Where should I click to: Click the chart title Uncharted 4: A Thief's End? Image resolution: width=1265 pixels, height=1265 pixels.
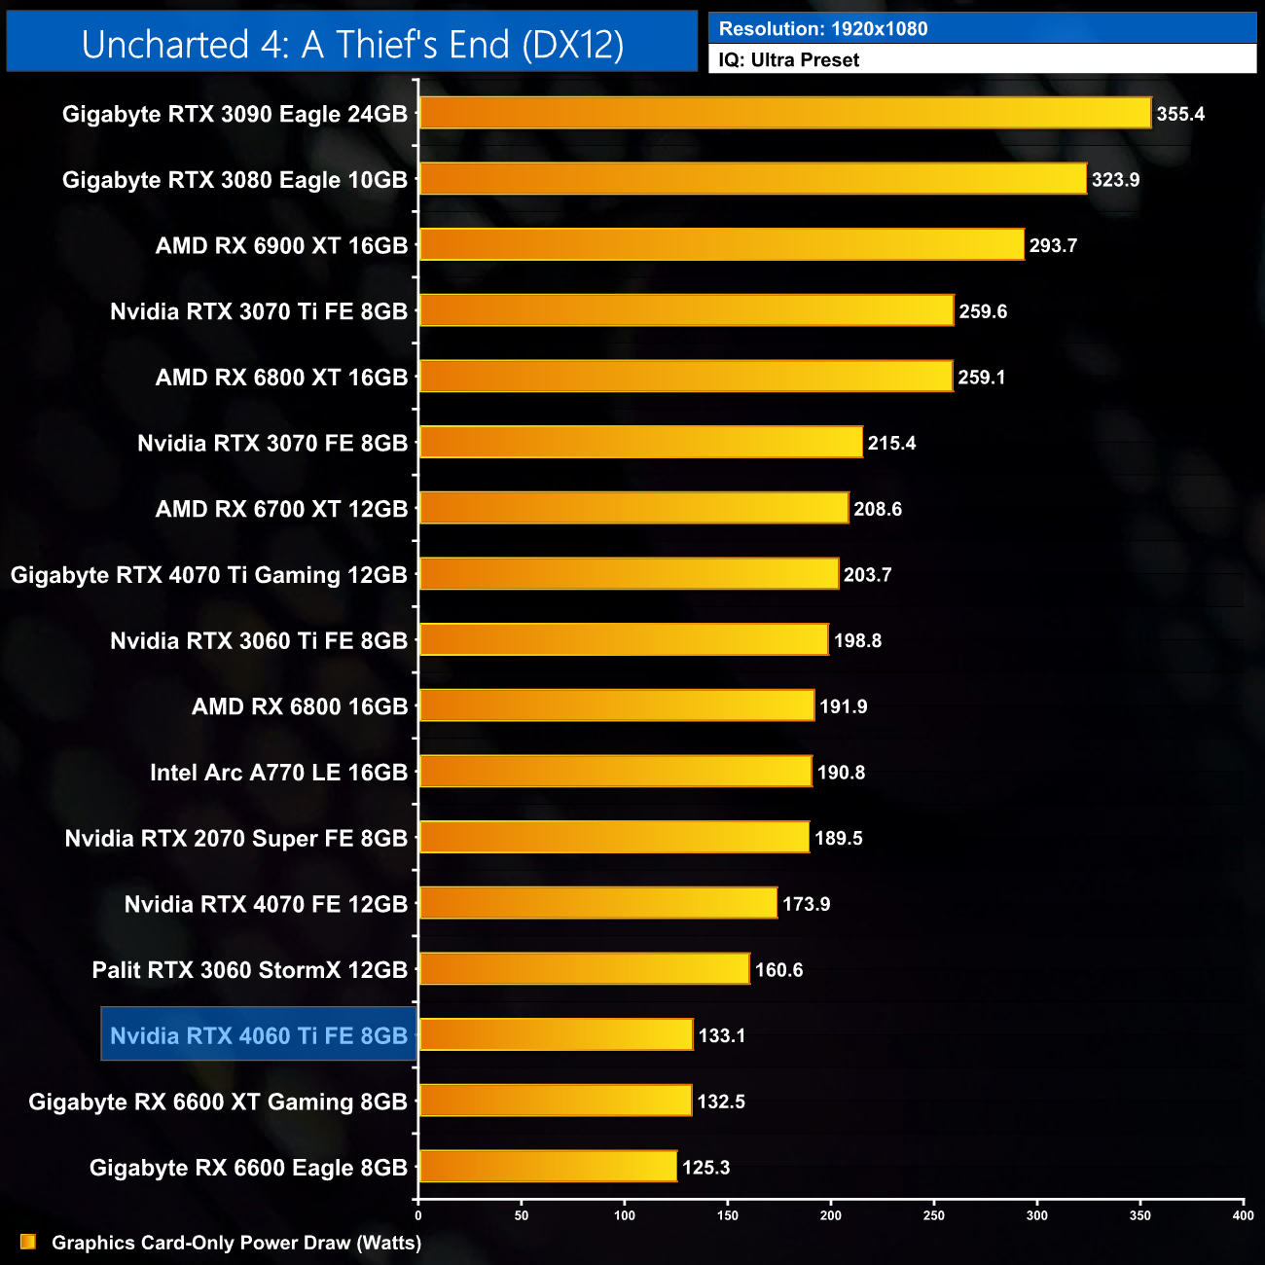[352, 45]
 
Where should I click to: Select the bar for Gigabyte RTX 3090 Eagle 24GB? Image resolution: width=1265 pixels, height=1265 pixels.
[784, 113]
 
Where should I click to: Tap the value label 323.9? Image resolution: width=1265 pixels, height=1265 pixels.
[1115, 180]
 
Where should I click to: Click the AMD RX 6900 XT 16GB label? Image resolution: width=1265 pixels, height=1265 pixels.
[281, 246]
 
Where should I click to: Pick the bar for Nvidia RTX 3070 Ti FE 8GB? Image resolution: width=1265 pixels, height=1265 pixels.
[686, 310]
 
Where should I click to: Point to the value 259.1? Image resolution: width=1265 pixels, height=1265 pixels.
[981, 378]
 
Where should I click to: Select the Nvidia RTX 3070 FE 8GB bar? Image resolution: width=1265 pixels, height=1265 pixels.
[640, 443]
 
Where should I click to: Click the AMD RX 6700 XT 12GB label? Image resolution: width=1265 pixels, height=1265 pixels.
[281, 509]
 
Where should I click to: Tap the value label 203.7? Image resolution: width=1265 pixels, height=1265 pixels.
[867, 575]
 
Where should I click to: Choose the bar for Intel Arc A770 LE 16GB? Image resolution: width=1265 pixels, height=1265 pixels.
[615, 772]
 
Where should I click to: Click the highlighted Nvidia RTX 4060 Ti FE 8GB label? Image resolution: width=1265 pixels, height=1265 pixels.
[259, 1035]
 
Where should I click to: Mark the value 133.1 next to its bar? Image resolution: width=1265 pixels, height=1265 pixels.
[721, 1035]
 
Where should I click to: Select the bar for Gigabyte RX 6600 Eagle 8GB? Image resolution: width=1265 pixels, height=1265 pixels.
[548, 1167]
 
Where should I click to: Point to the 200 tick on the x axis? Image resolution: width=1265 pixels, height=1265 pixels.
[831, 1215]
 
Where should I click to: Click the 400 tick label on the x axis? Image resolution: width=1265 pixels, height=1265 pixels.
[1243, 1215]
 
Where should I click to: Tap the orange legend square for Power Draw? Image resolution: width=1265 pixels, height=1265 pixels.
[28, 1242]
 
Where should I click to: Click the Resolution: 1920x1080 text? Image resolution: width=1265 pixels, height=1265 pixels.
[823, 29]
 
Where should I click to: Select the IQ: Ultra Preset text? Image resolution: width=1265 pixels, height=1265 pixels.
[788, 60]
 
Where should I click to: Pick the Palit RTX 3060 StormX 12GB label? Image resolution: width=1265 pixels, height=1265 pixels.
[249, 970]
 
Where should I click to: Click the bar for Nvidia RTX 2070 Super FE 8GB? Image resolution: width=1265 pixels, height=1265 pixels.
[614, 838]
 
